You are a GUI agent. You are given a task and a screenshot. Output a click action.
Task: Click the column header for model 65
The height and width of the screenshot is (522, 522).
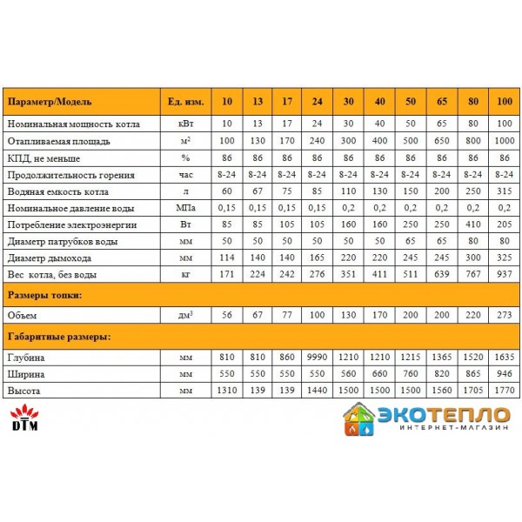tap(442, 102)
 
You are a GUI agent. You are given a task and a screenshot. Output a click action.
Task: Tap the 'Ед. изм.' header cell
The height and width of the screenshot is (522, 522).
tap(185, 102)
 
